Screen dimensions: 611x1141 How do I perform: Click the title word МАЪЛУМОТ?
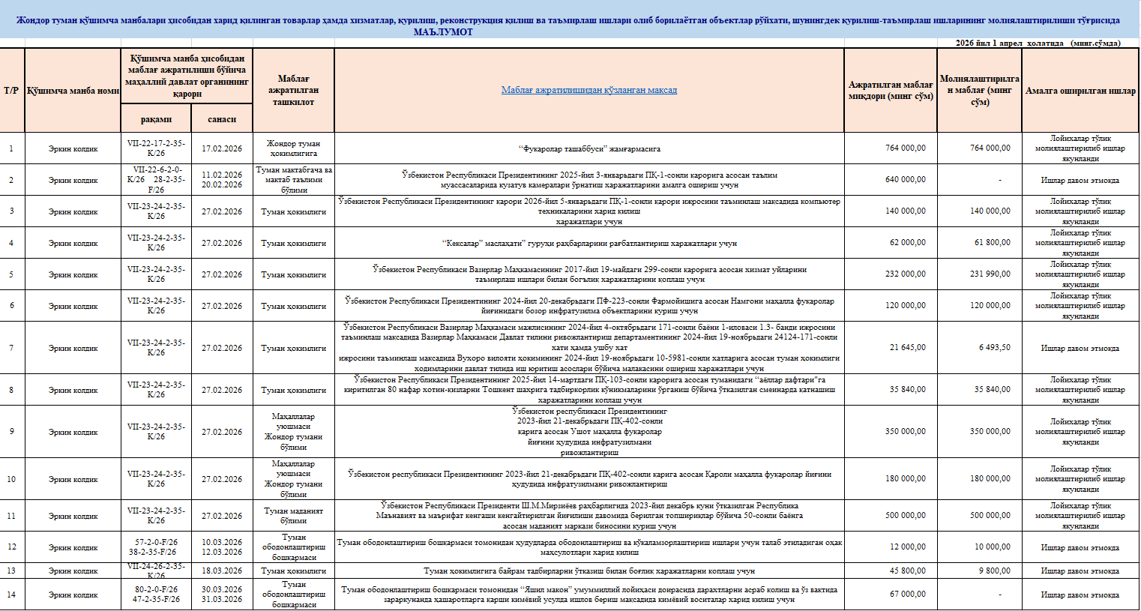pos(443,32)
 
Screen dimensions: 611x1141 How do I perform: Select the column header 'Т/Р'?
pos(11,91)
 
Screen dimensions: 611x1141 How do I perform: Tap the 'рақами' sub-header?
pos(156,119)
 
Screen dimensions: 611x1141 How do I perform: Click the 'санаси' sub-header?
pos(222,119)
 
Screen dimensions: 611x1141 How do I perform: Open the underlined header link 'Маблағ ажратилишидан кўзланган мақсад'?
pos(589,90)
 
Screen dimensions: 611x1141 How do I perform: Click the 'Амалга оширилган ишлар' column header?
pos(1080,91)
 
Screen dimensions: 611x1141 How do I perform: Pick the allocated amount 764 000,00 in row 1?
pos(905,148)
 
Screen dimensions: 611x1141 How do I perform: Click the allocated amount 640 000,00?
pos(905,180)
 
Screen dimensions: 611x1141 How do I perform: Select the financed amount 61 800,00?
pos(992,243)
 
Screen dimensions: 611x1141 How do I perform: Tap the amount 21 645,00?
pos(907,348)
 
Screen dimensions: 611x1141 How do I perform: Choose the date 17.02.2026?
pos(222,148)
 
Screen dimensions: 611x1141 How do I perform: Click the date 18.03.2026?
pos(222,571)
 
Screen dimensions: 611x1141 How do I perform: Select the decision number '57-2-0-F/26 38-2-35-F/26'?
pos(156,547)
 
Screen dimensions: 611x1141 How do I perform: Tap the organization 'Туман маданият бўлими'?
pos(294,516)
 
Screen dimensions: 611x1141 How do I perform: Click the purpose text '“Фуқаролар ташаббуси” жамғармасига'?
pos(589,148)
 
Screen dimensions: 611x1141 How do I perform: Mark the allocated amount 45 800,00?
pos(907,571)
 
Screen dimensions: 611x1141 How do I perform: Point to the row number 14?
pos(11,595)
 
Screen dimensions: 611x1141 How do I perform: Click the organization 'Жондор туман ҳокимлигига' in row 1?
pos(294,148)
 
